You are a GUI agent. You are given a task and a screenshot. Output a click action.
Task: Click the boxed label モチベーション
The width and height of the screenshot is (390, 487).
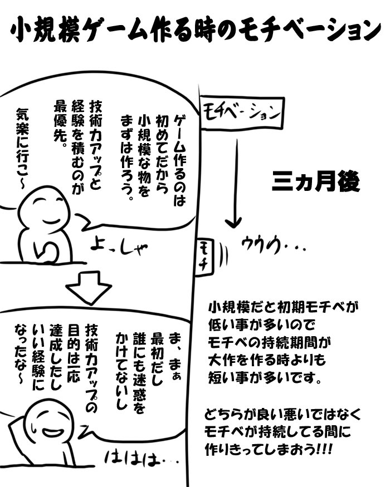241,112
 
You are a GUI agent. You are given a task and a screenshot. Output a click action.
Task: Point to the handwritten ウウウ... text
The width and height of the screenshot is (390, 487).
273,245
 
